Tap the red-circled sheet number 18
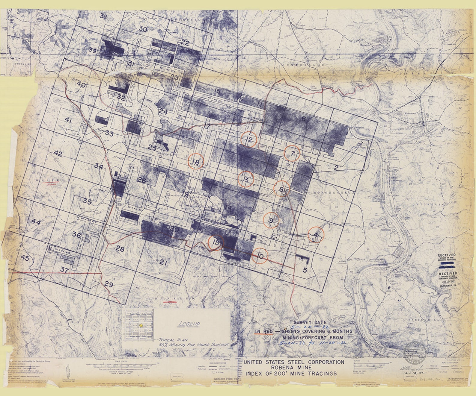[x=196, y=162]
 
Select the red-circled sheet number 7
[x=292, y=154]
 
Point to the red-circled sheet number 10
[x=260, y=256]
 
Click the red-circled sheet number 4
[x=316, y=235]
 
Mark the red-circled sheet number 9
[x=271, y=221]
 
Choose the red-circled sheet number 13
[x=246, y=180]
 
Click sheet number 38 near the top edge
[x=103, y=17]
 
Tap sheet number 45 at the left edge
[x=25, y=258]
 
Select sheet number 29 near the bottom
[x=109, y=284]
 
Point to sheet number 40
[x=81, y=85]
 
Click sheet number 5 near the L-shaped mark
[x=305, y=270]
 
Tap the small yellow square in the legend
[x=141, y=325]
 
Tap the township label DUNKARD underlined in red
[x=170, y=299]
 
